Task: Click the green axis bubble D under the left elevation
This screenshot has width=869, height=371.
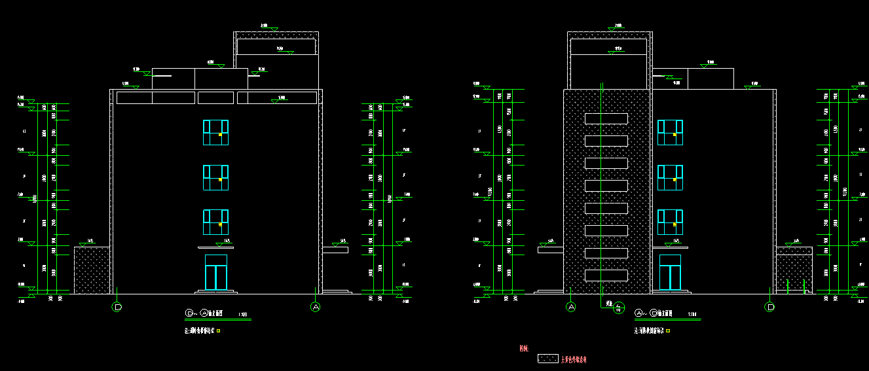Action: tap(117, 307)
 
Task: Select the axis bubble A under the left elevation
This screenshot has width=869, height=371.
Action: tap(316, 307)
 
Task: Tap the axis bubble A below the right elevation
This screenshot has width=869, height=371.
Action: tap(571, 307)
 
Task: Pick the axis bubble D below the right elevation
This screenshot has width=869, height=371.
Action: tap(770, 307)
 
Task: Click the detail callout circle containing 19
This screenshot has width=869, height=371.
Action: tap(617, 309)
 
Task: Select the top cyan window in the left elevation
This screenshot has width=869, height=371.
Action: tap(215, 132)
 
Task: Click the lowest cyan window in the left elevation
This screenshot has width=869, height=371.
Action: tap(215, 222)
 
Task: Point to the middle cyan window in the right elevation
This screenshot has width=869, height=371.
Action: tap(670, 177)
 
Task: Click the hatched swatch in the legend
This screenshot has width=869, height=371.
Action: tap(547, 359)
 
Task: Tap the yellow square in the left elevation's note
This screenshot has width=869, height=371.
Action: tap(218, 331)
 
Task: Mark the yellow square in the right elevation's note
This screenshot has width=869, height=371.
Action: tap(668, 331)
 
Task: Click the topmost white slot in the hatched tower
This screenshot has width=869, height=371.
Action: tap(606, 118)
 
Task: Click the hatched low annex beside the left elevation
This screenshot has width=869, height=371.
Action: tap(92, 270)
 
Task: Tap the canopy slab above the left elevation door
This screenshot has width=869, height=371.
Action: tap(216, 248)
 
